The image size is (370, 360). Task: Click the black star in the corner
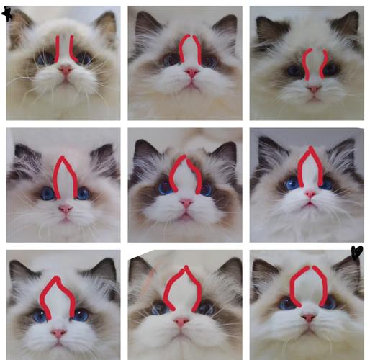click(7, 13)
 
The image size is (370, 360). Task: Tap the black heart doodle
click(356, 252)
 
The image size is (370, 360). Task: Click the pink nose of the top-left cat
click(66, 71)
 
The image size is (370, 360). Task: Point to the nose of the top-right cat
click(314, 89)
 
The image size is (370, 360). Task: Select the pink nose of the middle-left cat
click(65, 210)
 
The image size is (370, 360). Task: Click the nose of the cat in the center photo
click(186, 204)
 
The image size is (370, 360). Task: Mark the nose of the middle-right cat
click(310, 194)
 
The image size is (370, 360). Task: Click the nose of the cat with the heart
click(309, 317)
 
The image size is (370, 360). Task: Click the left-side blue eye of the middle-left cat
click(48, 193)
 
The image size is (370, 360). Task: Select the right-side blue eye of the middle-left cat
click(83, 193)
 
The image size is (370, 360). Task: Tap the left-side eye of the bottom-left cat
click(40, 315)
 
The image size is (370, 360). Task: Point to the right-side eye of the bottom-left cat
click(80, 315)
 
